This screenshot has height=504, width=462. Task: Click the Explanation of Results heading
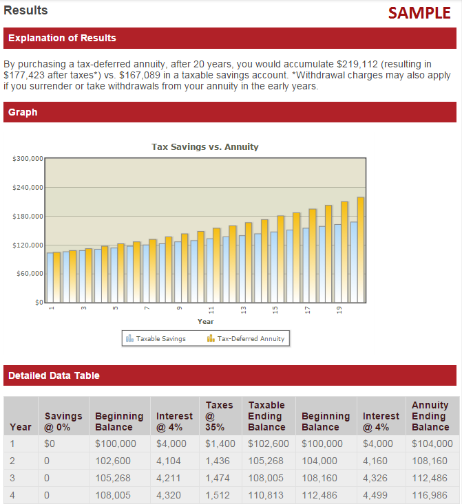pos(62,38)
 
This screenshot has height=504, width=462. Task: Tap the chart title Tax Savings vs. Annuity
pos(205,146)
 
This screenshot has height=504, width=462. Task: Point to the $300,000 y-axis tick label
pos(28,159)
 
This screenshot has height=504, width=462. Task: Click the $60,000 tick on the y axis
pos(30,274)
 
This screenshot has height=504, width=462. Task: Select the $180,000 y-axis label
pos(28,217)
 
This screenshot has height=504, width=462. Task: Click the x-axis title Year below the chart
pos(205,321)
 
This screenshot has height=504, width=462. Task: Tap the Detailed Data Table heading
pos(54,375)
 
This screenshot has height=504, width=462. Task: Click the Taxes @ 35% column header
pos(220,416)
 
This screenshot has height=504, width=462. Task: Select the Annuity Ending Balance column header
pos(430,416)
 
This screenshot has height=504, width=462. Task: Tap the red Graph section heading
pos(23,112)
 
